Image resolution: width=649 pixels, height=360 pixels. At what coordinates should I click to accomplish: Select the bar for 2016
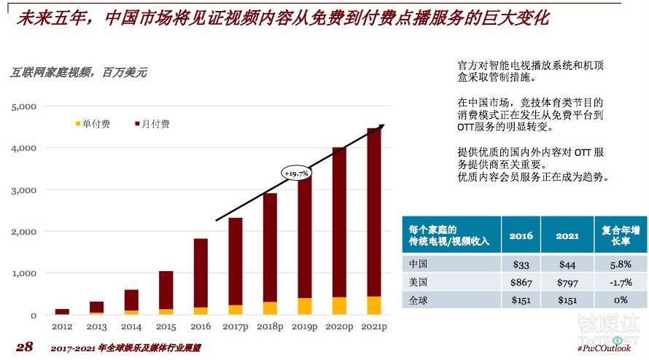[x=200, y=277]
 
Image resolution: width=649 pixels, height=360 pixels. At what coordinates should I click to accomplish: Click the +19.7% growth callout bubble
[x=297, y=173]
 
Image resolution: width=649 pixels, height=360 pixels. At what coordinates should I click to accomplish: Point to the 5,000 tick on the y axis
[x=24, y=106]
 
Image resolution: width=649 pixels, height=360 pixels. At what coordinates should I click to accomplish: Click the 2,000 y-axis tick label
[x=24, y=232]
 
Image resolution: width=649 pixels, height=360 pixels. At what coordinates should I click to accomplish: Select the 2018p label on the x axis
[x=269, y=327]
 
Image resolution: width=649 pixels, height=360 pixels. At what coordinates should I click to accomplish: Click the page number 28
[x=24, y=347]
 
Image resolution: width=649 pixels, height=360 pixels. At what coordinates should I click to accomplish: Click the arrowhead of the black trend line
[x=381, y=126]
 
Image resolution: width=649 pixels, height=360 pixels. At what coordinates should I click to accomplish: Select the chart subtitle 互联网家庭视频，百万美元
[x=79, y=72]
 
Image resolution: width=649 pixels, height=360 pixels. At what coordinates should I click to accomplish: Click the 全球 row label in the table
[x=419, y=299]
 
